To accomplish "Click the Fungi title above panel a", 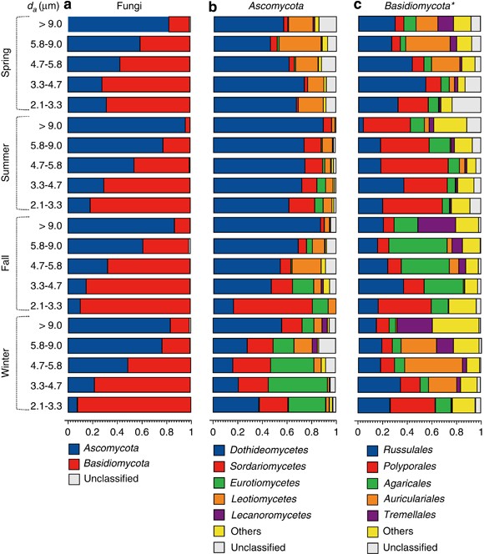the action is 129,6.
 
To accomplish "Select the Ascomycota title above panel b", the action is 275,6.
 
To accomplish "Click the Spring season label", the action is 6,63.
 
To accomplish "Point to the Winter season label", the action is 6,362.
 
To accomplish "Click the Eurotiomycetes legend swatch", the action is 219,482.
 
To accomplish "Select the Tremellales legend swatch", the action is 373,515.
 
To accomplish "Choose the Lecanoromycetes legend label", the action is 271,515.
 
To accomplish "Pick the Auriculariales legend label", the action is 414,499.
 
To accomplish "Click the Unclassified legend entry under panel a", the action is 103,479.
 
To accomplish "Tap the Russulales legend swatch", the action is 373,451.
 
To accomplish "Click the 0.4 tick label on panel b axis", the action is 262,432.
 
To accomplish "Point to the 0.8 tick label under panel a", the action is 166,432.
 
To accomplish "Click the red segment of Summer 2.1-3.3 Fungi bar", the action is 140,205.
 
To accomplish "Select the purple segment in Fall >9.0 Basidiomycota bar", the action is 436,225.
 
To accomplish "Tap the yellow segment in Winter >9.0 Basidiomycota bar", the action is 456,325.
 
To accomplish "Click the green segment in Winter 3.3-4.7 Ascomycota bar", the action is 298,385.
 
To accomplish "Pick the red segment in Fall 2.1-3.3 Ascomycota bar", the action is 273,306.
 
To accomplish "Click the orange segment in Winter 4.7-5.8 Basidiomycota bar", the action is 433,365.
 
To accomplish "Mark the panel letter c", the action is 357,5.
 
